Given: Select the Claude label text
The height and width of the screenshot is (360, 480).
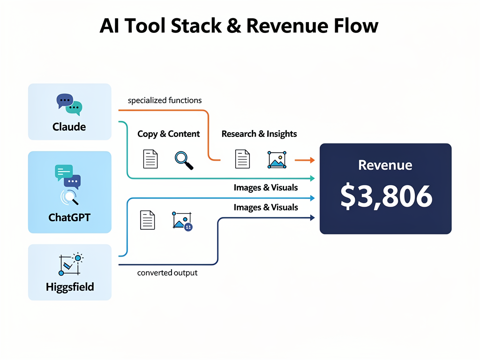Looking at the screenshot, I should pyautogui.click(x=69, y=127).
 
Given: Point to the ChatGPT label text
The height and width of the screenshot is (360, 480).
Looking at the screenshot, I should pyautogui.click(x=69, y=217).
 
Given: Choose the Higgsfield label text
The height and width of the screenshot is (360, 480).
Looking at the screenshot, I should pyautogui.click(x=70, y=287).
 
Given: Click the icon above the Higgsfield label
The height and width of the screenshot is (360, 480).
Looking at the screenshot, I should pyautogui.click(x=70, y=264).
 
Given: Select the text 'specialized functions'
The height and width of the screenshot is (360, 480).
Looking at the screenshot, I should pyautogui.click(x=165, y=100).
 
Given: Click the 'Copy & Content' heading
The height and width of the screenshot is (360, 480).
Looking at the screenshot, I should pyautogui.click(x=168, y=134).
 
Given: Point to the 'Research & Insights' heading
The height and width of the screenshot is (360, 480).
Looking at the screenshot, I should pyautogui.click(x=259, y=134).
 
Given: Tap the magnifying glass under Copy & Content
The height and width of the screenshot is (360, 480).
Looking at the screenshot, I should pyautogui.click(x=184, y=160).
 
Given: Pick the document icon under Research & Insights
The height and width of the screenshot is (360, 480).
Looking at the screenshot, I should pyautogui.click(x=242, y=159).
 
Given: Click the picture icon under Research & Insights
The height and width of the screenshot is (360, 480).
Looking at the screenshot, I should pyautogui.click(x=277, y=159).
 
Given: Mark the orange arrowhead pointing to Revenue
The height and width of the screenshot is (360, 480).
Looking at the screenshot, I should pyautogui.click(x=311, y=160).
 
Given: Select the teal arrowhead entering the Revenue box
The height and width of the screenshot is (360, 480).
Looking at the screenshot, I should pyautogui.click(x=311, y=179).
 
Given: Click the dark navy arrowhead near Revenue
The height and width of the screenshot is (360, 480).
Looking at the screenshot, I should pyautogui.click(x=311, y=217).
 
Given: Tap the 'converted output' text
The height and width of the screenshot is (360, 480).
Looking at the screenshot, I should pyautogui.click(x=167, y=273).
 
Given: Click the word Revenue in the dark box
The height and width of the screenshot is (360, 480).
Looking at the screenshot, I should pyautogui.click(x=385, y=165).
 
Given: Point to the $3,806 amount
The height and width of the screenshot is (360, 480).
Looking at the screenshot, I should pyautogui.click(x=385, y=197).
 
